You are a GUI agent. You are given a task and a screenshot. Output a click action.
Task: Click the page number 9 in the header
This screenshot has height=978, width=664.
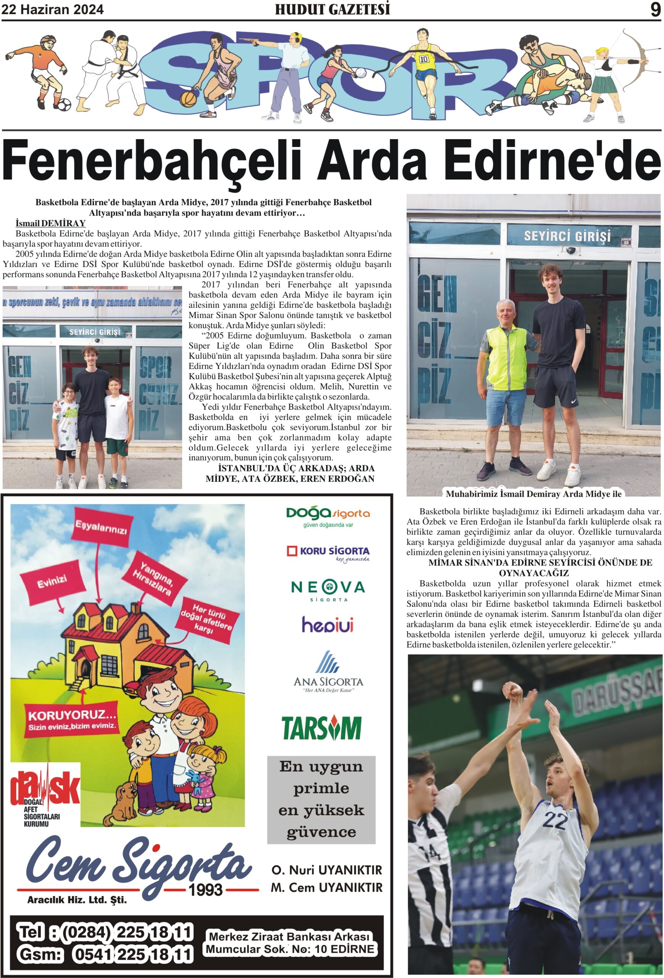pyautogui.click(x=655, y=9)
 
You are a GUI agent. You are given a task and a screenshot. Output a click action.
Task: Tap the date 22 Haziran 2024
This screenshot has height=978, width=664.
pyautogui.click(x=53, y=10)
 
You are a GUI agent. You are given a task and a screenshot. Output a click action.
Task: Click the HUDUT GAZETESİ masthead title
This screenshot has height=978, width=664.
pyautogui.click(x=332, y=9)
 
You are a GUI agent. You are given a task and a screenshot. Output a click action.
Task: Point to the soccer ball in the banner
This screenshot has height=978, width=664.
pyautogui.click(x=64, y=104)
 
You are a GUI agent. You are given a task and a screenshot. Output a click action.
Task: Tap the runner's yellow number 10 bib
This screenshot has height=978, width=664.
pyautogui.click(x=423, y=59)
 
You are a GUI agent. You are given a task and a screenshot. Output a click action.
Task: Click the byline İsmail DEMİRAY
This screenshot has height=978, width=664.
pyautogui.click(x=50, y=223)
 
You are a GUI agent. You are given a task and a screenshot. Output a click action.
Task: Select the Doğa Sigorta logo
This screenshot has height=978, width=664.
pyautogui.click(x=328, y=515)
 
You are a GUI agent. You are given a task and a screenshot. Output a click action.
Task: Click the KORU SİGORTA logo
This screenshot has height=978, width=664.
pyautogui.click(x=328, y=552)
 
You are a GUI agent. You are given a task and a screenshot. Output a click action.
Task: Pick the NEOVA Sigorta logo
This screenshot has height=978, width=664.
pyautogui.click(x=328, y=589)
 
